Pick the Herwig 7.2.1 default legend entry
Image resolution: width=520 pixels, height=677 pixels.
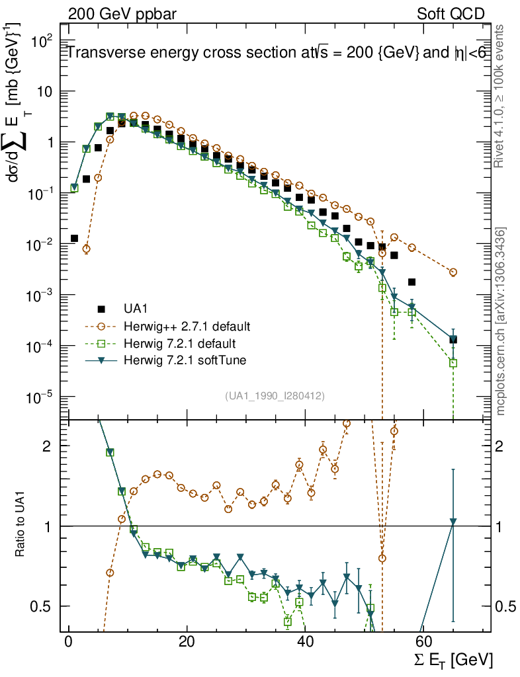pyautogui.click(x=179, y=344)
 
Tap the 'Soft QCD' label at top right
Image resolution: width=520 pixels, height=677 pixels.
pyautogui.click(x=451, y=13)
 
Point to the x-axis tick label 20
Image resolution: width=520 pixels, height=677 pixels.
pyautogui.click(x=186, y=643)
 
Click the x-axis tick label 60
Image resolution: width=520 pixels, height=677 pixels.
pyautogui.click(x=423, y=643)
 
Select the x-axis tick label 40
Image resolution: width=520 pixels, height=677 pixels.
pyautogui.click(x=304, y=643)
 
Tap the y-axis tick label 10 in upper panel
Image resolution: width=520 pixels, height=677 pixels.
pyautogui.click(x=44, y=91)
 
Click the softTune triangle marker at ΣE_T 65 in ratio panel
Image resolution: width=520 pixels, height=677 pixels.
pyautogui.click(x=453, y=522)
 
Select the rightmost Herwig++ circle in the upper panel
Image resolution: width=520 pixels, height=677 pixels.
pyautogui.click(x=453, y=272)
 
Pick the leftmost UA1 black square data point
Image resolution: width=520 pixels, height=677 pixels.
pyautogui.click(x=74, y=238)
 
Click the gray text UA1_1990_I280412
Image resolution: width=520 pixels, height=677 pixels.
pyautogui.click(x=275, y=395)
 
